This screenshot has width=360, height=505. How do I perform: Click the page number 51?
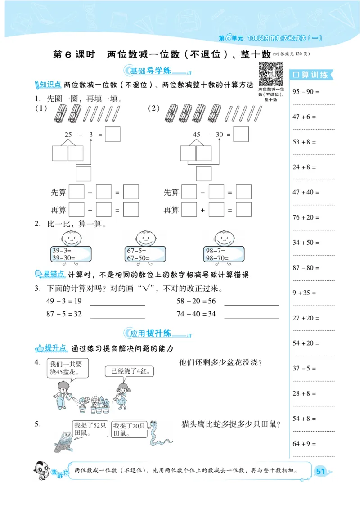tap(320, 471)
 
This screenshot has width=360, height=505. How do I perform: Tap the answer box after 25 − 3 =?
tap(113, 135)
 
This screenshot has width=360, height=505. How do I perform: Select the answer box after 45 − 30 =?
tap(241, 135)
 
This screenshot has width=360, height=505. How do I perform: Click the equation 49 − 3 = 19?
tap(63, 301)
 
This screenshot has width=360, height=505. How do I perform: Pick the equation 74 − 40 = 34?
tap(196, 314)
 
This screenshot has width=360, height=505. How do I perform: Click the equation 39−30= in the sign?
tap(63, 258)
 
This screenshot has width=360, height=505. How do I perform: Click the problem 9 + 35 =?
tap(305, 293)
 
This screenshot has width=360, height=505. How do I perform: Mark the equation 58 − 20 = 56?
tap(196, 301)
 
